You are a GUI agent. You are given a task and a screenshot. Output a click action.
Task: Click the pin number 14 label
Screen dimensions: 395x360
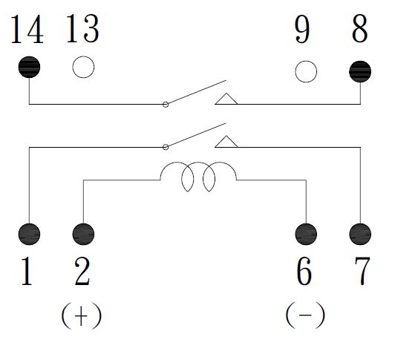(27, 29)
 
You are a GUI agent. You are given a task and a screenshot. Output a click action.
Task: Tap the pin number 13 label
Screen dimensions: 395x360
(82, 28)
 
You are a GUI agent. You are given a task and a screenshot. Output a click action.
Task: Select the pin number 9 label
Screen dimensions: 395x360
(302, 29)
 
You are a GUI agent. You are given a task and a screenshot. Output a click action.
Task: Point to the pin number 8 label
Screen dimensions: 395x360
(359, 28)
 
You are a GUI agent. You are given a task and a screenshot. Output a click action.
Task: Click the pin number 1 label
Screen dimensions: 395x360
(27, 271)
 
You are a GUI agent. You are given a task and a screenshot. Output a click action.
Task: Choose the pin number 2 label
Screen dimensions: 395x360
(82, 271)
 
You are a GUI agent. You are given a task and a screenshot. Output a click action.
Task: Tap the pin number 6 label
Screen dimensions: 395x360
(304, 271)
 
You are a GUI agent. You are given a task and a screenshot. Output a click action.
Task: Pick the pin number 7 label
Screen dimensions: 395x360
(362, 272)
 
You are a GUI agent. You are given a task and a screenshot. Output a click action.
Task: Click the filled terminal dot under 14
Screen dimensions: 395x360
(29, 67)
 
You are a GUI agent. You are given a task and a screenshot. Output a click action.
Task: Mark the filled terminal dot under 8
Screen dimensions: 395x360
(360, 71)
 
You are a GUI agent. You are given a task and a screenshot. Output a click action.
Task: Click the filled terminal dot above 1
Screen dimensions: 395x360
(29, 234)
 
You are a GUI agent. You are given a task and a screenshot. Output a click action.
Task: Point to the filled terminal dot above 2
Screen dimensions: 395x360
(83, 234)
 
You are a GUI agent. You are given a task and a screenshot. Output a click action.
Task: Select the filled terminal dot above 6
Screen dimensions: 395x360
(306, 234)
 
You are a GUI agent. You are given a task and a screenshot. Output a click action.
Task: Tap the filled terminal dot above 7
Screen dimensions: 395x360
(360, 234)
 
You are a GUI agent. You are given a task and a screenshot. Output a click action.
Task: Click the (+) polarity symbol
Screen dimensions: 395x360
(82, 315)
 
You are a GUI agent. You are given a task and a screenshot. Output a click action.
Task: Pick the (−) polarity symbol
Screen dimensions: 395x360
(305, 315)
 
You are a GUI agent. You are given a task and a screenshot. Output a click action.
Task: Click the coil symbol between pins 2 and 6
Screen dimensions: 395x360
(198, 163)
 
